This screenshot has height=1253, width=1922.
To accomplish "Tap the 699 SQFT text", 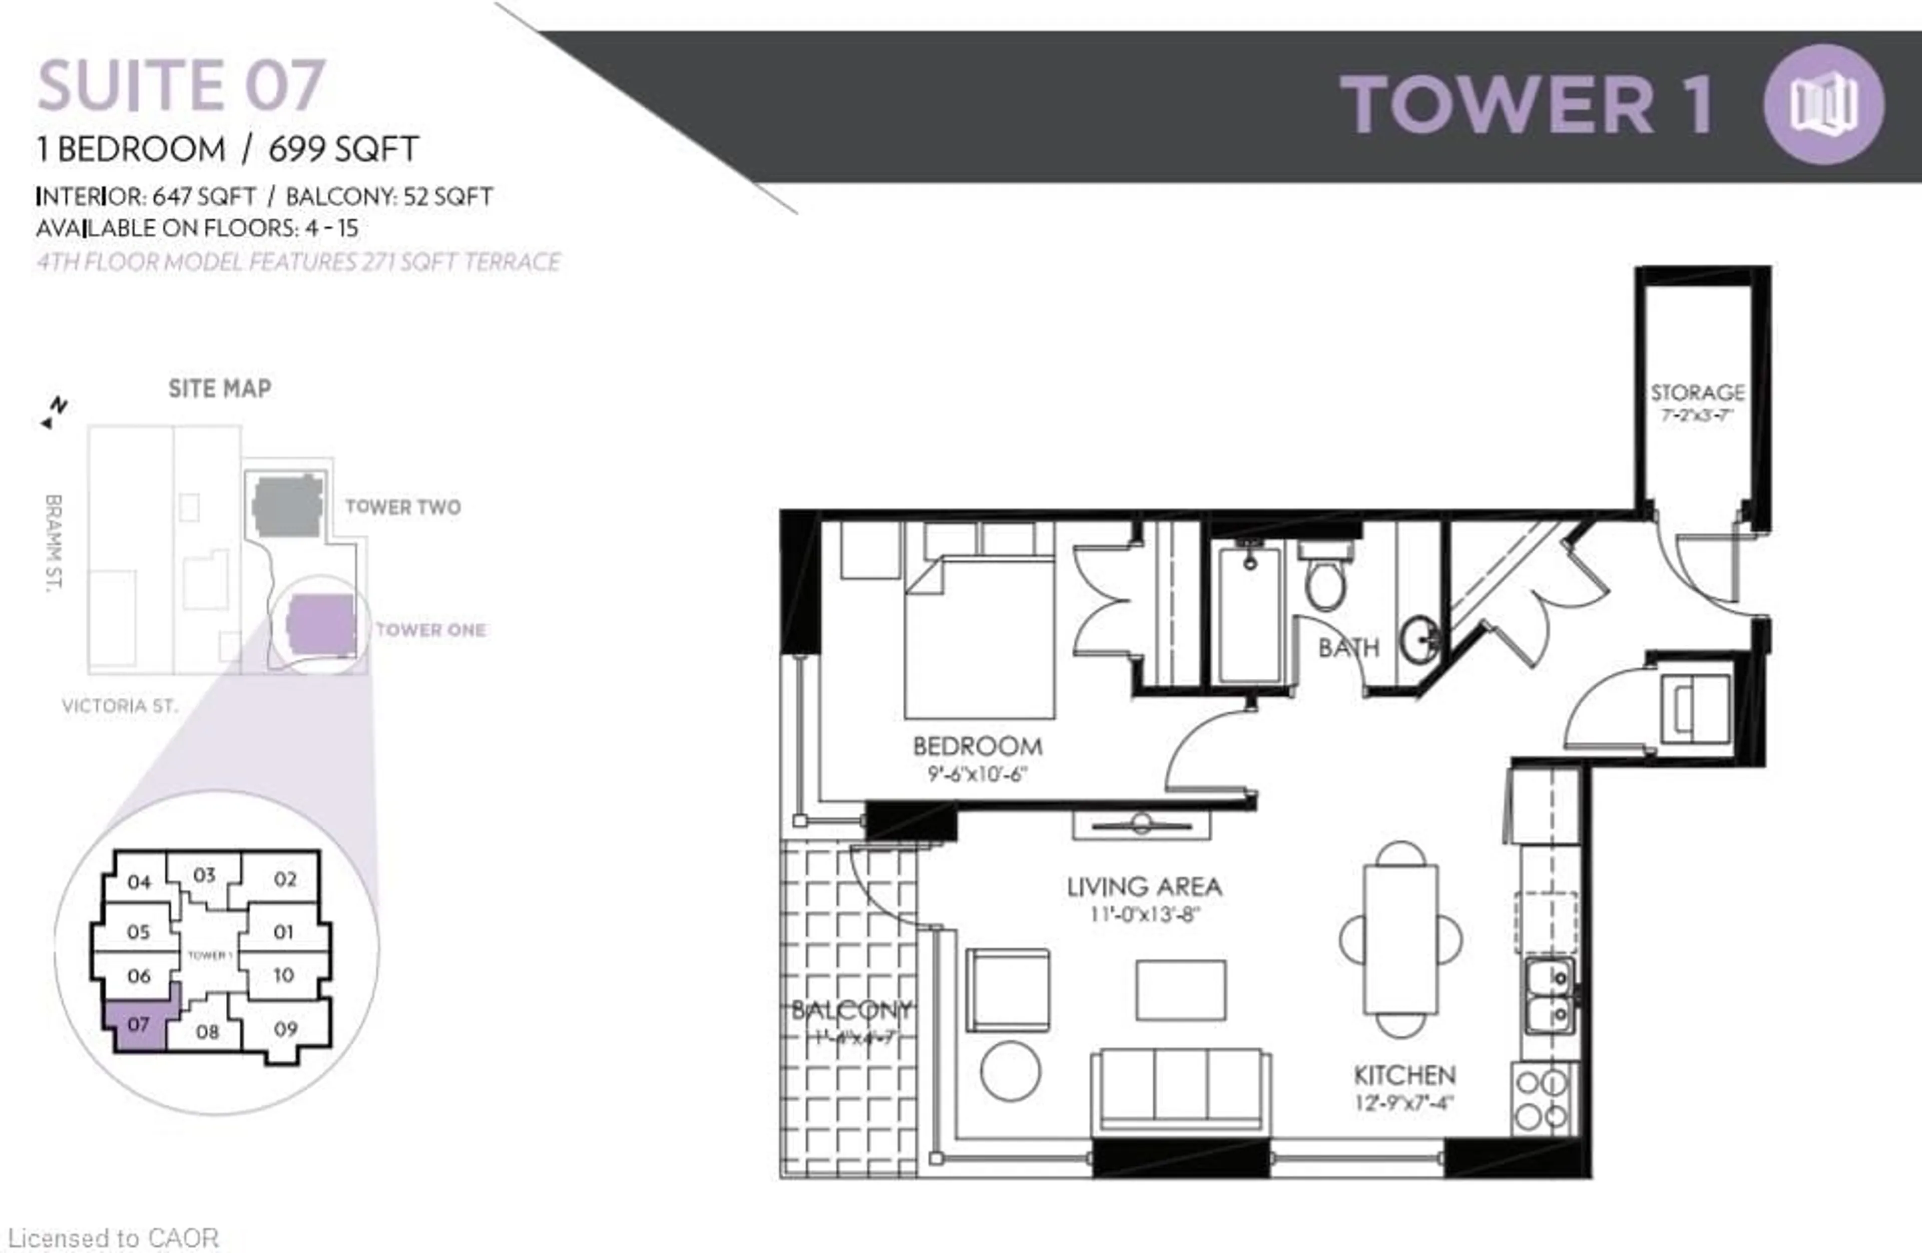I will [343, 150].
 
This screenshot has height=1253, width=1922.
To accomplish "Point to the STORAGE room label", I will [1697, 392].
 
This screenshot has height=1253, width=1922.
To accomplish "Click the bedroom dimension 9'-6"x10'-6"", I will [977, 774].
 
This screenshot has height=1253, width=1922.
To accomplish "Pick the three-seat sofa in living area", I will [1180, 1088].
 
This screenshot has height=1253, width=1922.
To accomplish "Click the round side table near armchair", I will [1010, 1071].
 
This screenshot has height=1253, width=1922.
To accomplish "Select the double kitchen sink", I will [1549, 995].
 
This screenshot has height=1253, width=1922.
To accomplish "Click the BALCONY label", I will [851, 1010].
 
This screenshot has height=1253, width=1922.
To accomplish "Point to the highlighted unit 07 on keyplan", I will [138, 1024].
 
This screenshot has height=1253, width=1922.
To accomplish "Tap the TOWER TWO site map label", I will [403, 507].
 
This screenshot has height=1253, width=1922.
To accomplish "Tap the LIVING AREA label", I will [1144, 887].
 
